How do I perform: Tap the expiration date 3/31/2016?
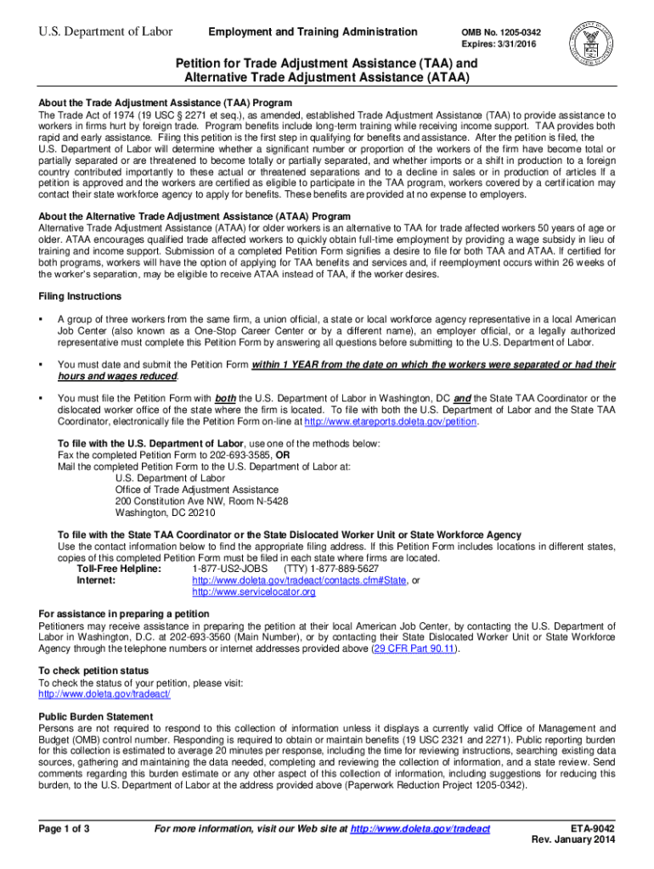point(512,44)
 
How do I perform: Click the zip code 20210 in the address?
point(199,513)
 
